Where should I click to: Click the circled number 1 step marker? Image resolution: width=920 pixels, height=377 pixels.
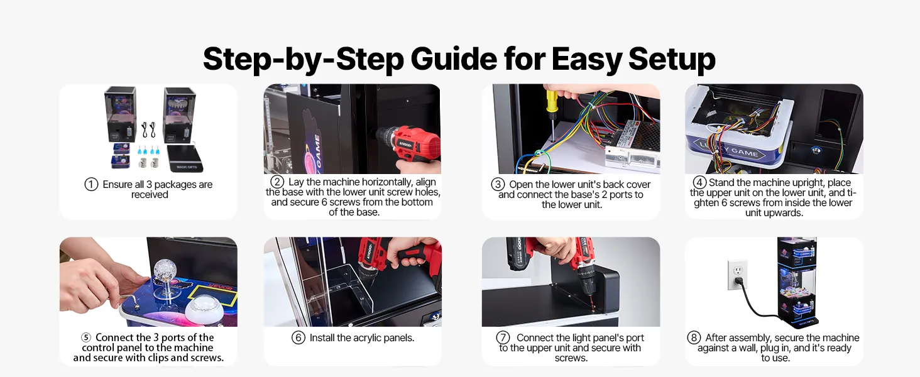coord(91,184)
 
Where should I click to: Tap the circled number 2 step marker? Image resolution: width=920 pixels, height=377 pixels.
coord(277,182)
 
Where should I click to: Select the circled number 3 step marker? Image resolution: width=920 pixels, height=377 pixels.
coord(498,184)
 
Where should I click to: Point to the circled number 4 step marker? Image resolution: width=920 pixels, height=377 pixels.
coord(700,182)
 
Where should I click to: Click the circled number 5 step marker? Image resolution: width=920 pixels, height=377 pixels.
coord(86,337)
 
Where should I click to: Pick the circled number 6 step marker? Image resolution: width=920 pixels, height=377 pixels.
coord(298,337)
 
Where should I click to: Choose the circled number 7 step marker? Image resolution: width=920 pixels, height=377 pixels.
coord(503,337)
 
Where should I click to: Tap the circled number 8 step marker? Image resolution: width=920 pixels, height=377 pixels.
coord(694,337)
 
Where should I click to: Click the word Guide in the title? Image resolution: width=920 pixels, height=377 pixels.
coord(454,58)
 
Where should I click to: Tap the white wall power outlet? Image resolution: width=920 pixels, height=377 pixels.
coord(738,275)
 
